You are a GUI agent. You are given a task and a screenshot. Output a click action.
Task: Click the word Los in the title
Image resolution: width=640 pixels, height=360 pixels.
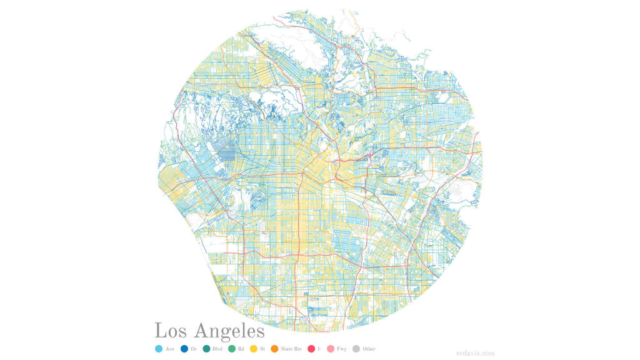pyautogui.click(x=171, y=331)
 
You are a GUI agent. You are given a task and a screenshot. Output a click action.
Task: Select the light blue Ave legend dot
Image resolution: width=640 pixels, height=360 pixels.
pyautogui.click(x=158, y=349)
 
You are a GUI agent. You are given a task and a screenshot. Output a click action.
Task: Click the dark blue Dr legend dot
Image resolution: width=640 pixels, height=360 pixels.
pyautogui.click(x=184, y=349)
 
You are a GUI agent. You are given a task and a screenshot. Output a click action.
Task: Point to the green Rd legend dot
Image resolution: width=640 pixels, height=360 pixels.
pyautogui.click(x=231, y=349)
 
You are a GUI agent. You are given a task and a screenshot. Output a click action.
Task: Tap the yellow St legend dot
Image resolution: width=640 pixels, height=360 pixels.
pyautogui.click(x=254, y=349)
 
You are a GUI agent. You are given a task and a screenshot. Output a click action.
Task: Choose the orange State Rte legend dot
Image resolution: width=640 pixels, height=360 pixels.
pyautogui.click(x=274, y=349)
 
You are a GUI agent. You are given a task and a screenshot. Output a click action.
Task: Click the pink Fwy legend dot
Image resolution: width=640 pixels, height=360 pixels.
pyautogui.click(x=331, y=349)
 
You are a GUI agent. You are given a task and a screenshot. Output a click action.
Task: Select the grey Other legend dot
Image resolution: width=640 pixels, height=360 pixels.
pyautogui.click(x=356, y=349)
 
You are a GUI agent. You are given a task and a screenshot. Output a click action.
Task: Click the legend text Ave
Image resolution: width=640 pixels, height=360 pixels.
pyautogui.click(x=170, y=349)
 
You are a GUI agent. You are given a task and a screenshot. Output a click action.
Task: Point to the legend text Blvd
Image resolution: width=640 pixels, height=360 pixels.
pyautogui.click(x=218, y=349)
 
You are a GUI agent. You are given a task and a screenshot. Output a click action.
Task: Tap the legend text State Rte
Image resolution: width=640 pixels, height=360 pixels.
pyautogui.click(x=291, y=349)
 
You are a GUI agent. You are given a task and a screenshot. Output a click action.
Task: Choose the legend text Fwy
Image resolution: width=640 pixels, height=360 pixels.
pyautogui.click(x=342, y=349)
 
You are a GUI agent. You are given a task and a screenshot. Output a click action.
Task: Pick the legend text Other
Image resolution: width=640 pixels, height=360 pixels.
pyautogui.click(x=369, y=349)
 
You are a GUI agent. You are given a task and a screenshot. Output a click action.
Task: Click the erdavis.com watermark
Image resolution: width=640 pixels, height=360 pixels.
pyautogui.click(x=476, y=352)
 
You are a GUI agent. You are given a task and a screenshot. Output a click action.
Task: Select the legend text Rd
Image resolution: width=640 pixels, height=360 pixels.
pyautogui.click(x=241, y=349)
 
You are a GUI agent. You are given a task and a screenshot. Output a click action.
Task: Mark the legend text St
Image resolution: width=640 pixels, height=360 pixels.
pyautogui.click(x=262, y=349)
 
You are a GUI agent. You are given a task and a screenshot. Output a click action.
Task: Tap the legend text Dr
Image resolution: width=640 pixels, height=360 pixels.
pyautogui.click(x=194, y=349)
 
